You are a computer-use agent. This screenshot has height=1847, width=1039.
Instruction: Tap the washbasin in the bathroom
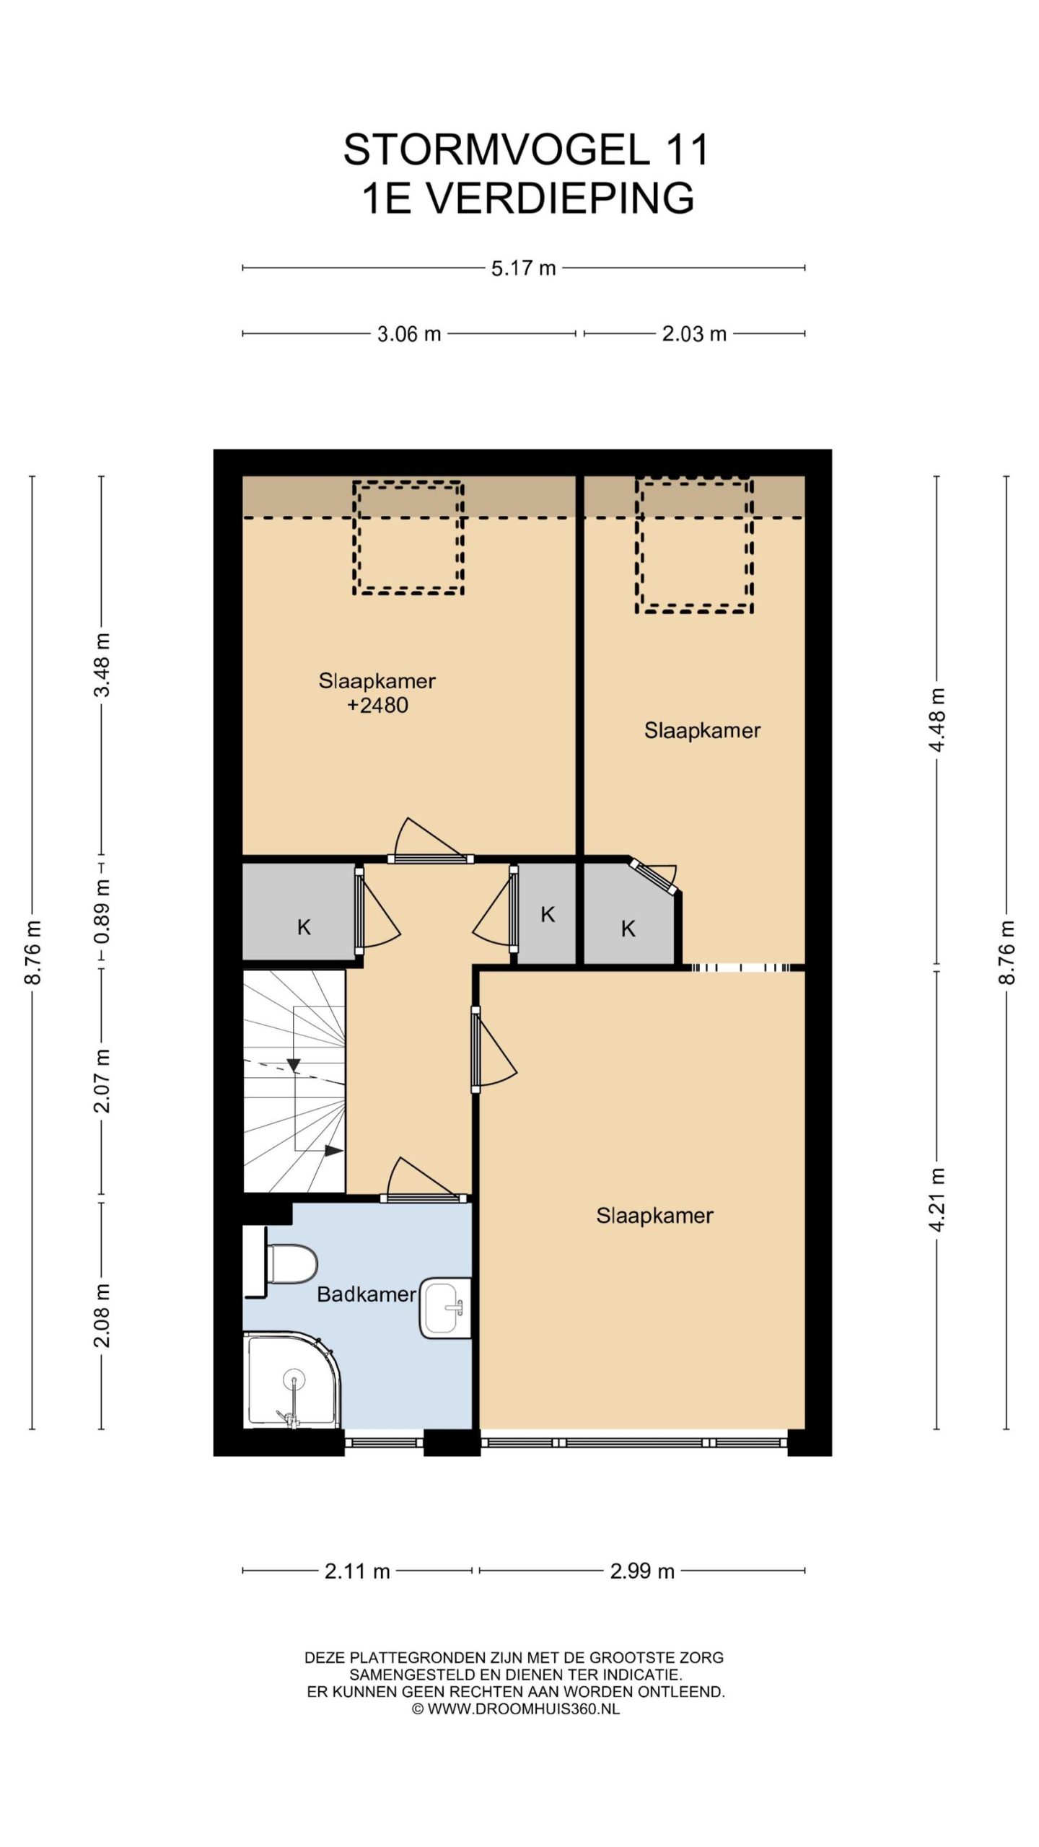(x=445, y=1307)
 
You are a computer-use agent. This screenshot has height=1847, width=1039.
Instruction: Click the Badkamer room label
(x=367, y=1294)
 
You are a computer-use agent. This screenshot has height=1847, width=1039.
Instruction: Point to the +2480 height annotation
(x=377, y=705)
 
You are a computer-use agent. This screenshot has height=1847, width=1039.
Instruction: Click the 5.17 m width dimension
(x=523, y=268)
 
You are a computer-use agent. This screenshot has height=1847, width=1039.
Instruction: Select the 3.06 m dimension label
(x=409, y=334)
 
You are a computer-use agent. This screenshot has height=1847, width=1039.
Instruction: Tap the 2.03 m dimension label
(x=694, y=334)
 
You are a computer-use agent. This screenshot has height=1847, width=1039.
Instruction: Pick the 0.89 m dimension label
(x=102, y=912)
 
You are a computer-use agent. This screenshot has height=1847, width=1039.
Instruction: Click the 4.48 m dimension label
(x=937, y=720)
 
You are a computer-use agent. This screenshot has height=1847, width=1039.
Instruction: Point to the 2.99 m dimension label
(x=642, y=1571)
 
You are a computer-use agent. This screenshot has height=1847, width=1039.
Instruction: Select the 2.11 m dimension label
(x=357, y=1571)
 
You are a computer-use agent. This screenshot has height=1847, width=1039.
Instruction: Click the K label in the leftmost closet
(x=304, y=927)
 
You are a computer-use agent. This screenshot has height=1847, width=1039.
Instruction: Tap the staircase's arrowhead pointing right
(x=333, y=1151)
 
